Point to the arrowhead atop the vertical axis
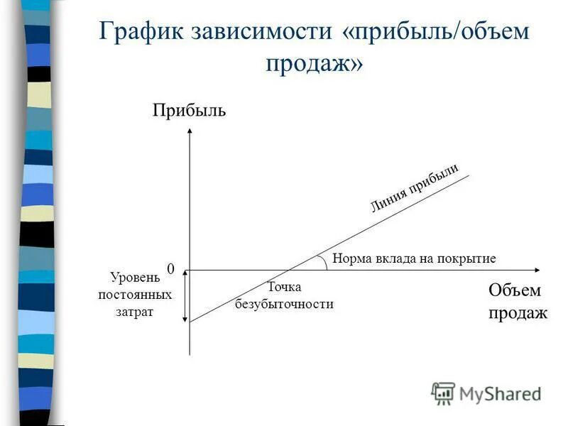click(x=190, y=131)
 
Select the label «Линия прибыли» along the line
click(x=414, y=187)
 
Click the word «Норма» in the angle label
click(x=349, y=258)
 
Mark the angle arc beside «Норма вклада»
click(x=323, y=261)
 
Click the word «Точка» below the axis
click(x=284, y=287)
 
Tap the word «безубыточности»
click(x=284, y=304)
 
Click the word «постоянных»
click(x=134, y=294)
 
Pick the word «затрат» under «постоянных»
click(x=134, y=311)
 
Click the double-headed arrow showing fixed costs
click(x=182, y=297)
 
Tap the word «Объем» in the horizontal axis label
click(x=514, y=290)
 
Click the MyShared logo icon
click(x=443, y=392)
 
